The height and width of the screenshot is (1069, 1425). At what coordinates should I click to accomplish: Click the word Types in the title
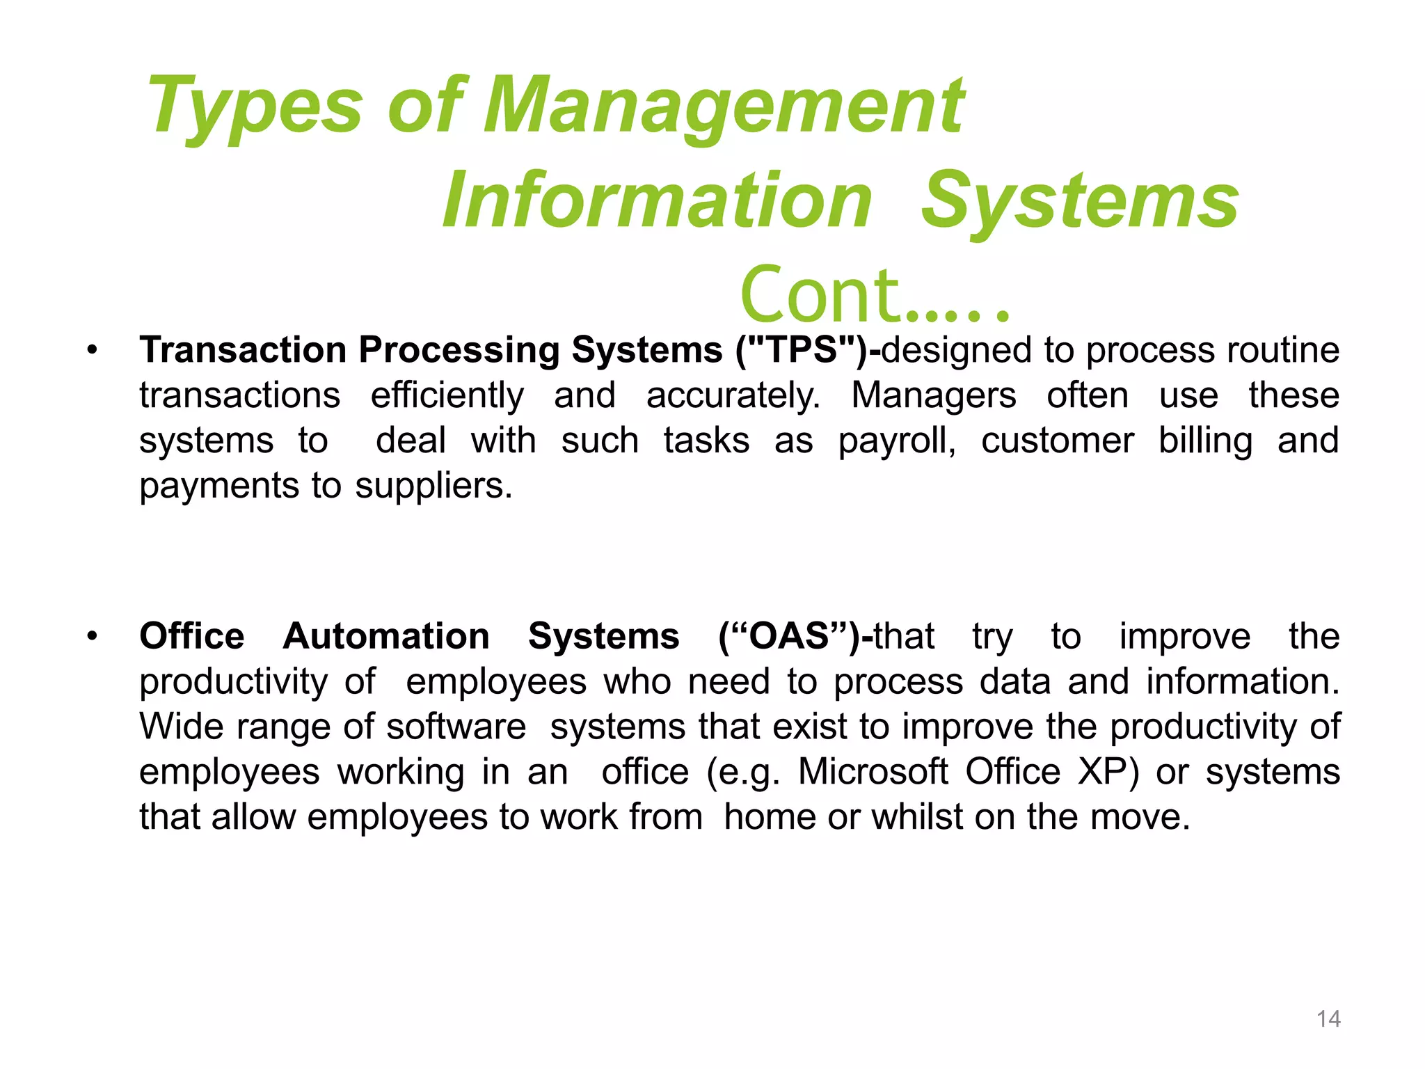(x=255, y=106)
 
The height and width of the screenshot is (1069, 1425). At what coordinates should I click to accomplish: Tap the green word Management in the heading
(x=724, y=106)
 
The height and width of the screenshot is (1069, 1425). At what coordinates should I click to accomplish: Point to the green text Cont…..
(x=874, y=296)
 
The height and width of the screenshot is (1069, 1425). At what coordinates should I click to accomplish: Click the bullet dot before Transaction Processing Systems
(x=92, y=349)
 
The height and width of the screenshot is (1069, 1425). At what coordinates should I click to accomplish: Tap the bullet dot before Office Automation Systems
(x=92, y=636)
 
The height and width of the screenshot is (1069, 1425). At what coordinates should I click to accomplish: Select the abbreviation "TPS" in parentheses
(x=802, y=349)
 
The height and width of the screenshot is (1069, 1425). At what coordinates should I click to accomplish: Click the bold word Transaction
(x=243, y=349)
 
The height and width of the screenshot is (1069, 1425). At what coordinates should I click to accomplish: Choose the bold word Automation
(x=386, y=636)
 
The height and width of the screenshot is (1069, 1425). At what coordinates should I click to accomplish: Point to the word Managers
(x=934, y=395)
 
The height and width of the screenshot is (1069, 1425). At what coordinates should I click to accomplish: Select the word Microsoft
(x=873, y=771)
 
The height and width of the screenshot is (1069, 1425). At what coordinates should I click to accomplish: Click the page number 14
(x=1328, y=1019)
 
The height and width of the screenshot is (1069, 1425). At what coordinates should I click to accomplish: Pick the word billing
(x=1205, y=441)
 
